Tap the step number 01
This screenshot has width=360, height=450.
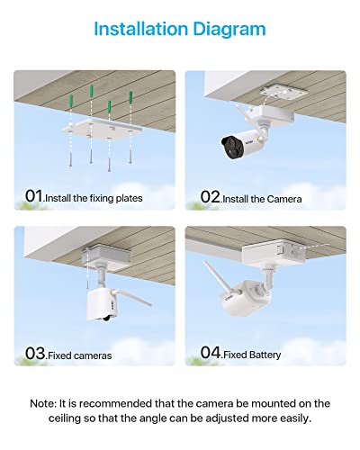(33, 196)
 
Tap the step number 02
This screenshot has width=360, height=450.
(210, 196)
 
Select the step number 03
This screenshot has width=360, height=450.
(33, 354)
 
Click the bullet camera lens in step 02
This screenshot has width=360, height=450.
(228, 142)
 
